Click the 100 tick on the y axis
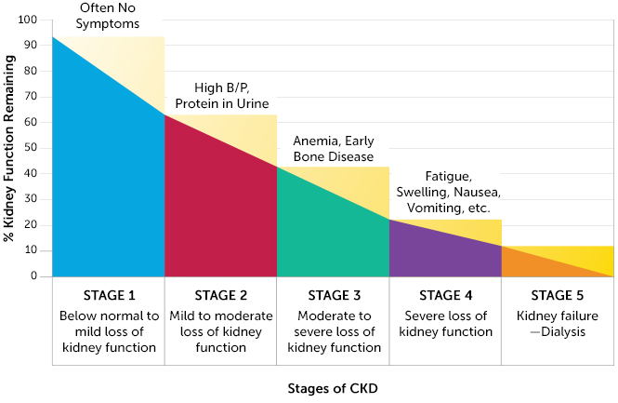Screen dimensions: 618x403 coord(27,20)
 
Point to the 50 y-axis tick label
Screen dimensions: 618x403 coord(31,148)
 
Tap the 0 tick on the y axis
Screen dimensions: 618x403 coord(33,275)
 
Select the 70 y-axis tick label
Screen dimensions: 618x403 coord(31,96)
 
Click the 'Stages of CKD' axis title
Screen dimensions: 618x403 coord(333,388)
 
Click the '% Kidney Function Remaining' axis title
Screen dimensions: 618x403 coord(8,148)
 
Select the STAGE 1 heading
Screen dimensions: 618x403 coord(109,295)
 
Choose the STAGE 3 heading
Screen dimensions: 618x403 coord(335,295)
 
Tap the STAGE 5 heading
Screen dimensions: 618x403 coord(558,295)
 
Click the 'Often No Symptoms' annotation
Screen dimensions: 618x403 coord(108,16)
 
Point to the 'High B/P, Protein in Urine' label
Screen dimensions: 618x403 coord(222,96)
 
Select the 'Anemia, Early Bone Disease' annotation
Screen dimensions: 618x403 coord(334,149)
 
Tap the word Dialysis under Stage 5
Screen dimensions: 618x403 coord(563,331)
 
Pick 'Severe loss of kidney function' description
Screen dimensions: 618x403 coord(446,324)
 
